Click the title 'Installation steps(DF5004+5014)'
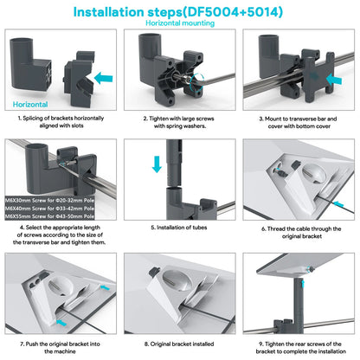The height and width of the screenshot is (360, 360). click(x=179, y=11)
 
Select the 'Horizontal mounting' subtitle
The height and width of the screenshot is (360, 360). click(x=179, y=24)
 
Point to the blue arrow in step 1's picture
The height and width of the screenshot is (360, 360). click(x=102, y=76)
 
